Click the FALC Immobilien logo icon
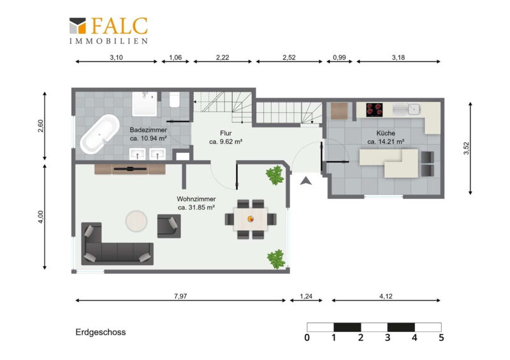(x=77, y=25)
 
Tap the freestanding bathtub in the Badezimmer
(x=100, y=134)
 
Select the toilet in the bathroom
(x=175, y=99)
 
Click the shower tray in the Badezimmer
(x=145, y=104)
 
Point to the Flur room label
(x=226, y=133)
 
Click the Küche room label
(x=386, y=133)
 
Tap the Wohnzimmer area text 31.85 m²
(x=201, y=208)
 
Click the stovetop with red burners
(x=374, y=110)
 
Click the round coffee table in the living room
(x=136, y=221)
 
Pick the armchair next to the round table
(x=169, y=226)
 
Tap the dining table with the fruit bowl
(x=251, y=219)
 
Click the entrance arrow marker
(x=306, y=181)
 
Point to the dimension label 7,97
(x=180, y=296)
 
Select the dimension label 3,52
(x=467, y=148)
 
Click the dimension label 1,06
(x=175, y=57)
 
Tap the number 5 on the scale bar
(x=441, y=338)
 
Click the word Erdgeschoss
(x=101, y=332)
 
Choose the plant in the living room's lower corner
(x=277, y=259)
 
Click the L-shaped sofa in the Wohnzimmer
(x=117, y=244)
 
